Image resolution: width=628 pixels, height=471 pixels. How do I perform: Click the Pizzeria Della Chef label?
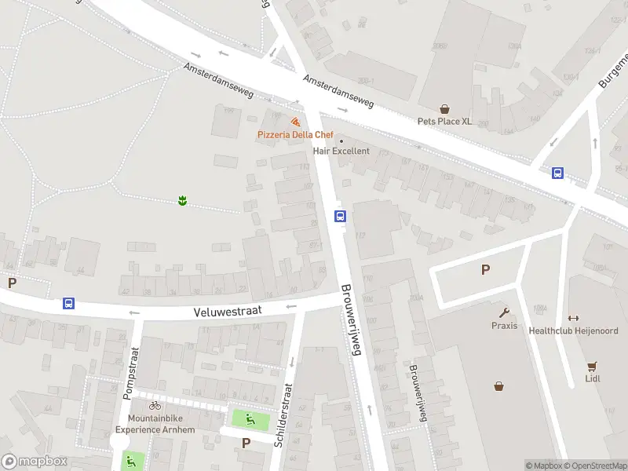click(x=296, y=135)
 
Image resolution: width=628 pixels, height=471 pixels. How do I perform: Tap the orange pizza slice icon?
click(x=295, y=122)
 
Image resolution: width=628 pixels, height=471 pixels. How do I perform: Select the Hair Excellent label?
click(x=341, y=151)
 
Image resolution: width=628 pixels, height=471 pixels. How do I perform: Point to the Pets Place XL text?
click(x=444, y=122)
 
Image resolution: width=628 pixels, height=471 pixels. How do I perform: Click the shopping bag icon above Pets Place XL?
click(x=444, y=109)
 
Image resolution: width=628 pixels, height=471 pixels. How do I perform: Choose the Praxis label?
click(x=504, y=326)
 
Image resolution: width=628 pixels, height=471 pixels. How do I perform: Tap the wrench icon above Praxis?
click(x=504, y=312)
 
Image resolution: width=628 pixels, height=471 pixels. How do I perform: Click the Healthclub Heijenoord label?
click(x=573, y=330)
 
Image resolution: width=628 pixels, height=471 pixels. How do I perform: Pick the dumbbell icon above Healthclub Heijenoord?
click(x=573, y=318)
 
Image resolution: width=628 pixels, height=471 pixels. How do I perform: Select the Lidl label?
click(x=592, y=378)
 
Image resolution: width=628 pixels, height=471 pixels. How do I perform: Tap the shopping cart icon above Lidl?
click(x=592, y=366)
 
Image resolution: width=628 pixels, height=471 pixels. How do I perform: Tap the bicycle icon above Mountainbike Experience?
click(x=155, y=406)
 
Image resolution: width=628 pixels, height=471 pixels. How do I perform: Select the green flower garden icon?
click(x=182, y=202)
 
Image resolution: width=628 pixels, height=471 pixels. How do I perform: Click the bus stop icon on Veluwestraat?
click(x=69, y=304)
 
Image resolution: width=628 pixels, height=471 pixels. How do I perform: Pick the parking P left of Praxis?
click(x=485, y=270)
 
